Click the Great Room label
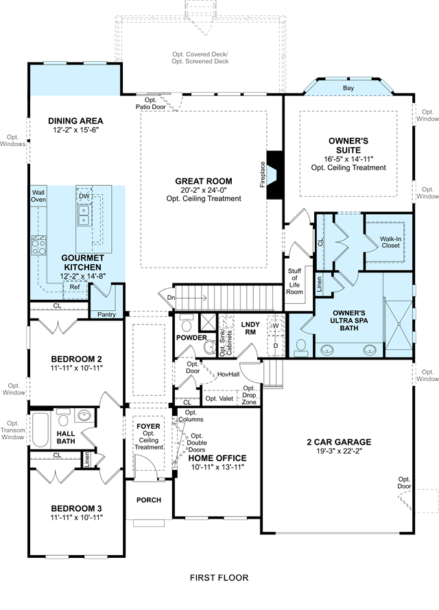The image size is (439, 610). [203, 181]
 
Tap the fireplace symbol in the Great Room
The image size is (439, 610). [275, 175]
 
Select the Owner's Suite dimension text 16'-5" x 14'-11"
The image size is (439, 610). [348, 159]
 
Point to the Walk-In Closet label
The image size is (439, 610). [390, 242]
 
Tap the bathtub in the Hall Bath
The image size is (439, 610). [40, 430]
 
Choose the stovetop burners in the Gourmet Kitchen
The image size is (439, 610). [39, 245]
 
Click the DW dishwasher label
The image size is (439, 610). [84, 196]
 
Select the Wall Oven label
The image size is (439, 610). [38, 196]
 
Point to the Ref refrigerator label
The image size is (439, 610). [75, 287]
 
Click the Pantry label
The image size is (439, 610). [106, 314]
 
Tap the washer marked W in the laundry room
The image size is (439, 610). [275, 325]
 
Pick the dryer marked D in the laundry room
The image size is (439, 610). [275, 345]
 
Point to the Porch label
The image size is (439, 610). [149, 500]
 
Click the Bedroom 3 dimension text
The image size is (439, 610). [76, 517]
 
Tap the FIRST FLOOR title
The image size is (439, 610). [219, 578]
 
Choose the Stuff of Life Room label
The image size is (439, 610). [294, 281]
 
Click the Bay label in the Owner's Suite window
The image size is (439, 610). [348, 88]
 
